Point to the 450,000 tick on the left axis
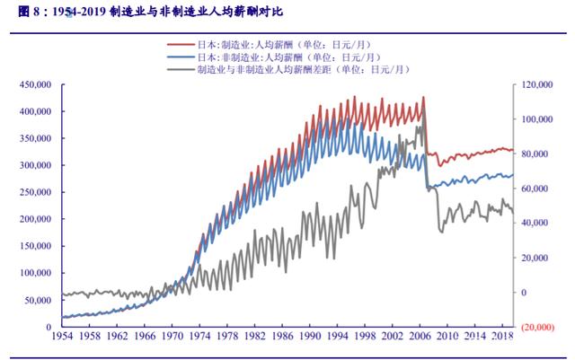pyautogui.click(x=33, y=84)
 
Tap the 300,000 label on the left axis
pyautogui.click(x=33, y=165)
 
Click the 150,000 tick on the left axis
pyautogui.click(x=33, y=246)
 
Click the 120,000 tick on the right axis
pyautogui.click(x=535, y=84)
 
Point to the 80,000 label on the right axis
pyautogui.click(x=537, y=154)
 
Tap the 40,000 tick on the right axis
pyautogui.click(x=537, y=223)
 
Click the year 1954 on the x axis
pyautogui.click(x=62, y=337)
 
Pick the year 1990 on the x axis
pyautogui.click(x=309, y=337)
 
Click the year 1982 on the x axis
pyautogui.click(x=254, y=337)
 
